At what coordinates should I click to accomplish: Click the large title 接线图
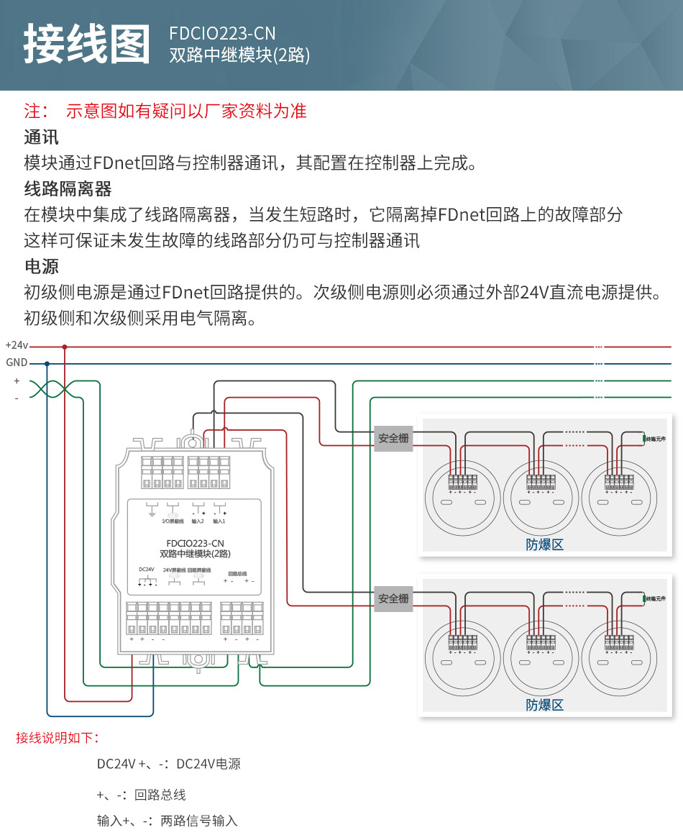(x=87, y=45)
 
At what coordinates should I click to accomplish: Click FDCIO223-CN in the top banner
(x=222, y=33)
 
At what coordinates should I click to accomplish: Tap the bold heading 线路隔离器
(x=68, y=189)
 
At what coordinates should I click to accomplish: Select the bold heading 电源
(x=42, y=267)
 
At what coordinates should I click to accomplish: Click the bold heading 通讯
(x=42, y=137)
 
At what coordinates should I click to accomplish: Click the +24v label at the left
(x=17, y=346)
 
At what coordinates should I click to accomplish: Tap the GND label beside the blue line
(x=17, y=362)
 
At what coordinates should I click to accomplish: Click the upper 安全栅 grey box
(x=393, y=438)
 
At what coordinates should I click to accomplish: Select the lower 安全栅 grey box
(x=393, y=598)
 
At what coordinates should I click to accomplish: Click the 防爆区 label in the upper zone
(x=545, y=544)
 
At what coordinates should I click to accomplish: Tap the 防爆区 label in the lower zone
(x=545, y=705)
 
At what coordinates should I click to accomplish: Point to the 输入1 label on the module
(x=219, y=521)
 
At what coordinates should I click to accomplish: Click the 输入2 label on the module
(x=198, y=521)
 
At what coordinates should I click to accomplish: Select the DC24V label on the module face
(x=147, y=570)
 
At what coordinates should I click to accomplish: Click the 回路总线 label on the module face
(x=237, y=574)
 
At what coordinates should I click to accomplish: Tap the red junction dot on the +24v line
(x=65, y=347)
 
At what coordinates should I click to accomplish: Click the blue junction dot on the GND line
(x=47, y=363)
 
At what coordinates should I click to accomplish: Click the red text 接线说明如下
(x=58, y=738)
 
